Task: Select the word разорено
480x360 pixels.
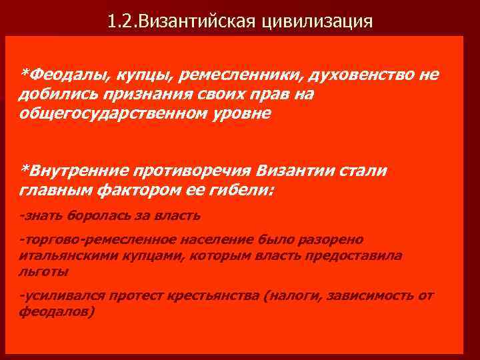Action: pyautogui.click(x=335, y=239)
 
